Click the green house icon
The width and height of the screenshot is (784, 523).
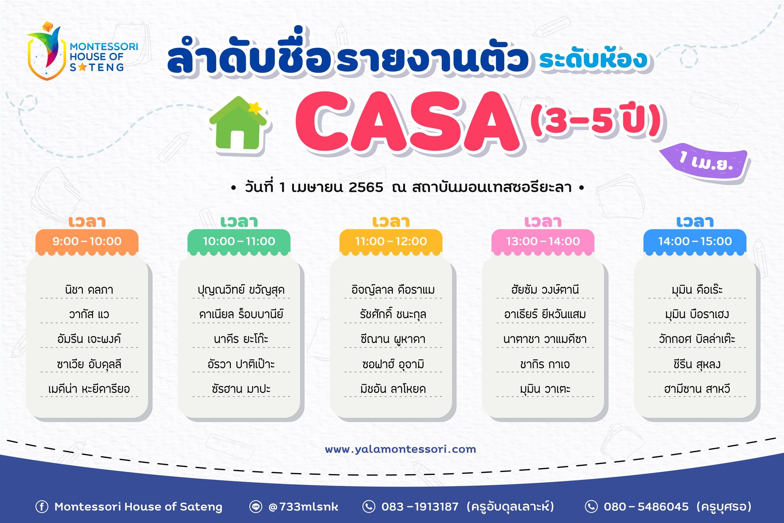[238, 124]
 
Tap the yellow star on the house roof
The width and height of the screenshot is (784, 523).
[255, 108]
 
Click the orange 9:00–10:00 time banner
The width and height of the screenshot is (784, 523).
[87, 242]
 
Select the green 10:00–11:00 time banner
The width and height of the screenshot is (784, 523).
[239, 242]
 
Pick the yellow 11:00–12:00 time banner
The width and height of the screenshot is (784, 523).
[391, 242]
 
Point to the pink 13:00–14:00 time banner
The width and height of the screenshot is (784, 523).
[543, 242]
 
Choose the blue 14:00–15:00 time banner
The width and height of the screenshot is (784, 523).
[695, 242]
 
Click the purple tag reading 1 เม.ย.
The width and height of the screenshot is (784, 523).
[705, 161]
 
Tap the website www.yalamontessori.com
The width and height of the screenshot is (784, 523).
[400, 449]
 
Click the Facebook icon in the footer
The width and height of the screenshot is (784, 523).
[42, 507]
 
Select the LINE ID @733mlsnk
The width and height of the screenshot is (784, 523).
[303, 507]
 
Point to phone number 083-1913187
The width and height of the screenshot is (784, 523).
[420, 507]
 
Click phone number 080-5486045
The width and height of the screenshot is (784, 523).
[646, 507]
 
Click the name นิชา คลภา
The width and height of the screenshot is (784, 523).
[89, 290]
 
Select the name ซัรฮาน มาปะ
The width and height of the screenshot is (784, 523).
[241, 389]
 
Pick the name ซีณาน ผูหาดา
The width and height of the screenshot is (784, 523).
[393, 339]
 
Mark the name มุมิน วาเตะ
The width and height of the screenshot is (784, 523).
[545, 389]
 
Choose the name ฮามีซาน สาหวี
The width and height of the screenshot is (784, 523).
[697, 389]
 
